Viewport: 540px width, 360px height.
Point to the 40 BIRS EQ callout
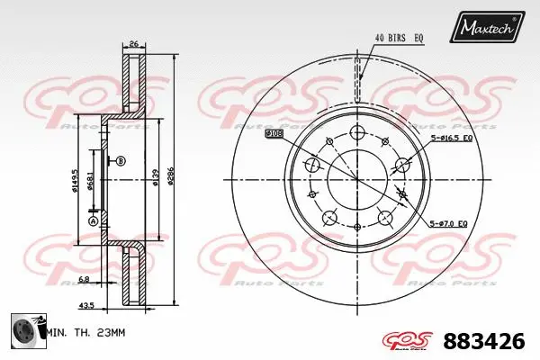pos(399,37)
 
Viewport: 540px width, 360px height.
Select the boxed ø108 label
pos(274,133)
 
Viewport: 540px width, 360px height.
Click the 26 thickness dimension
pos(133,43)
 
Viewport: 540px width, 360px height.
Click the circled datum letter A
pos(92,220)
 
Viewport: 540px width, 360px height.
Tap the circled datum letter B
pos(121,161)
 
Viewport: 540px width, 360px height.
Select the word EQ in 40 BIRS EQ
pos(419,37)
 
